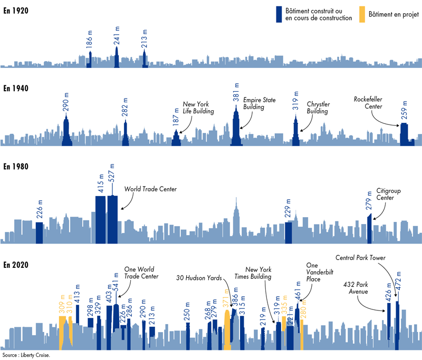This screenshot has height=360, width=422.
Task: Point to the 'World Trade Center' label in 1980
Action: pos(150,189)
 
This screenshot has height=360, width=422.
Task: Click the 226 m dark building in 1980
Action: pos(39,232)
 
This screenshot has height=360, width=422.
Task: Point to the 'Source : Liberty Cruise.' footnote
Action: pos(26,355)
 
